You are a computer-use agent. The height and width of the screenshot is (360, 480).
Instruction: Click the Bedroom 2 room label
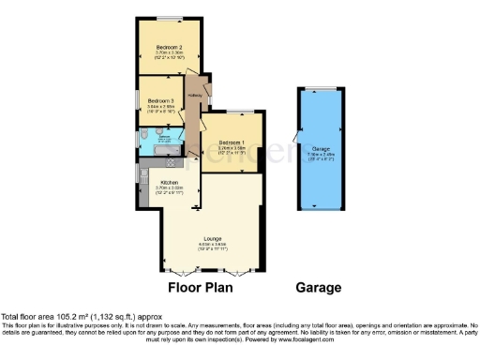pyautogui.click(x=169, y=46)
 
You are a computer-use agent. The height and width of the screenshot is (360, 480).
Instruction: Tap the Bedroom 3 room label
pyautogui.click(x=161, y=100)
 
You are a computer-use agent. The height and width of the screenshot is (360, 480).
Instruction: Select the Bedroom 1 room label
pyautogui.click(x=231, y=142)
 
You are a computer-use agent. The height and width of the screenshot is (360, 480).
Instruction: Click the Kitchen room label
pyautogui.click(x=169, y=182)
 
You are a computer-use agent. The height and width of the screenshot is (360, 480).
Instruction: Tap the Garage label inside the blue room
pyautogui.click(x=321, y=149)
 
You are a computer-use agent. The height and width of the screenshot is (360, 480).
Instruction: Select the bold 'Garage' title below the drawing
pyautogui.click(x=319, y=288)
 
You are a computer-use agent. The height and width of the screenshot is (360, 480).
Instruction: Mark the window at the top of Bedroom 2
pyautogui.click(x=169, y=19)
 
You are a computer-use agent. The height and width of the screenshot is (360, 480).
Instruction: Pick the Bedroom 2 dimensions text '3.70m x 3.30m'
pyautogui.click(x=169, y=52)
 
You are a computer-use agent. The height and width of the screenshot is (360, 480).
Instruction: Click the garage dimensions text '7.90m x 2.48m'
pyautogui.click(x=321, y=154)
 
